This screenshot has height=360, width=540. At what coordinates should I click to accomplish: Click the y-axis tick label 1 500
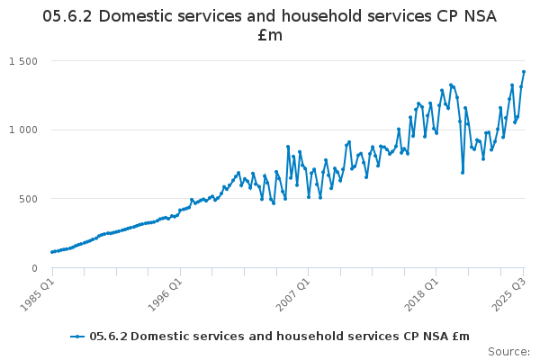coord(23,61)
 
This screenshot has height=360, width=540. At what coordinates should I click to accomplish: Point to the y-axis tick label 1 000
coord(23,130)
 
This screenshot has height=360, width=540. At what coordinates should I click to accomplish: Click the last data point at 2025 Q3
coord(524,72)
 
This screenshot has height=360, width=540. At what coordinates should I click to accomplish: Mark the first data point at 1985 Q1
coord(52,252)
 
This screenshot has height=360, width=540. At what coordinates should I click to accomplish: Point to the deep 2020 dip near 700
coord(463,173)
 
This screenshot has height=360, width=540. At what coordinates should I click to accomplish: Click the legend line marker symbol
coord(78,337)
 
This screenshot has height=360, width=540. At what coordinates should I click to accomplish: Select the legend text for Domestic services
coord(279,337)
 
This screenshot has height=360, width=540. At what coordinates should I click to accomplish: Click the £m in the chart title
coord(270,35)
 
